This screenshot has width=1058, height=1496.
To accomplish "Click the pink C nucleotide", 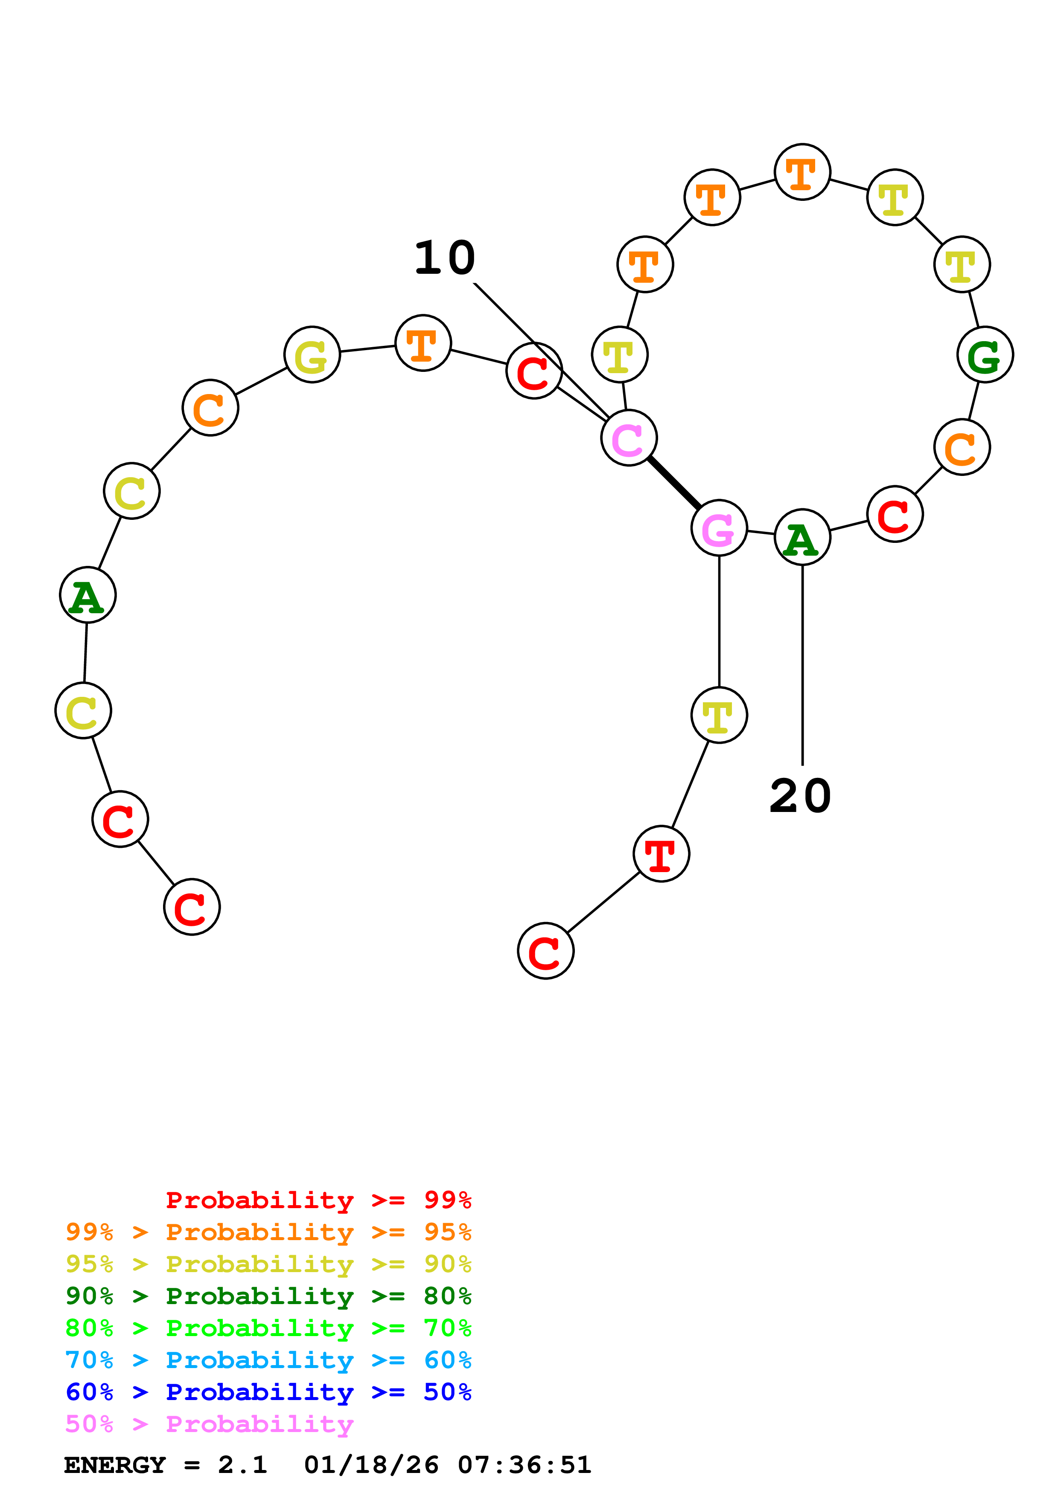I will point(628,438).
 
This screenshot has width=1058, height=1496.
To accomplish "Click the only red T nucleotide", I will point(661,854).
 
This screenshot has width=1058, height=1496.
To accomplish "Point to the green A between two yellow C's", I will point(87,595).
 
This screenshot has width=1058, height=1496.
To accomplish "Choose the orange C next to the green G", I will point(962,448).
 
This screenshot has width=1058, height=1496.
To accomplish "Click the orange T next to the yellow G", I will point(423,343).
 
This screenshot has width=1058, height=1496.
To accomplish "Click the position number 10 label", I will point(445,258).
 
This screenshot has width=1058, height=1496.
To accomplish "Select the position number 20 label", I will point(801,796).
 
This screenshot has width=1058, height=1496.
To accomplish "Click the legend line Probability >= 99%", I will point(318,1200).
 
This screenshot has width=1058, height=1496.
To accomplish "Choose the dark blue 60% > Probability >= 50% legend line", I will point(268,1392).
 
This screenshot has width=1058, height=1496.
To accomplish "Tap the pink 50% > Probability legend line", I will point(209,1424).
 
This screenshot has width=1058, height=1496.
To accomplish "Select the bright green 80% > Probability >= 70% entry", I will point(268,1328).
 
